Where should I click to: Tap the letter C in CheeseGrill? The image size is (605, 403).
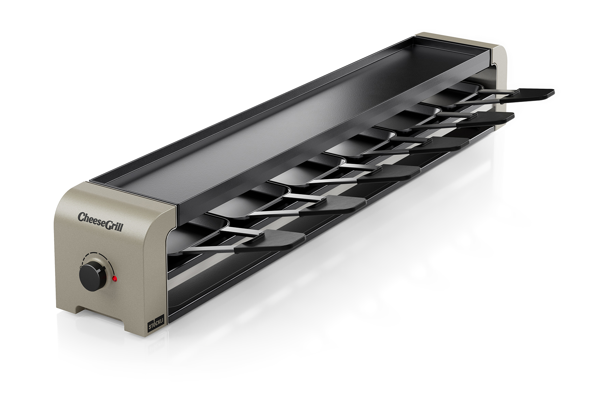[x=82, y=217]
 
